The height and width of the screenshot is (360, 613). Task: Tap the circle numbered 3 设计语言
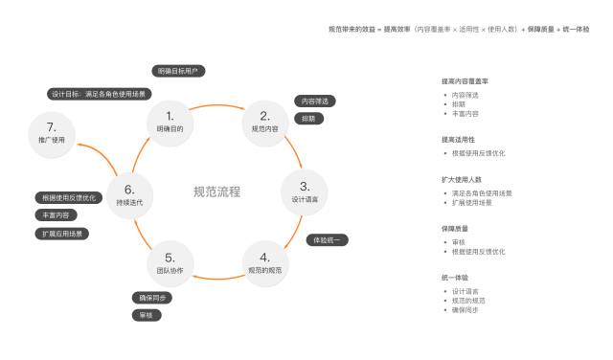click(x=305, y=191)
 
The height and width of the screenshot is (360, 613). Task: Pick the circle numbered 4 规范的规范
click(x=265, y=262)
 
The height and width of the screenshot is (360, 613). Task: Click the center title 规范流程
click(x=216, y=192)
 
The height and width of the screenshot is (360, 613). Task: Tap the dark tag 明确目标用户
click(x=179, y=71)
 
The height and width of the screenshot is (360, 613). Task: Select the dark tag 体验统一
click(x=328, y=239)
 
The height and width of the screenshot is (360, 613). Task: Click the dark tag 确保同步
click(x=151, y=298)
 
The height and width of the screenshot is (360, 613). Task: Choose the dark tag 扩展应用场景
click(x=61, y=233)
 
